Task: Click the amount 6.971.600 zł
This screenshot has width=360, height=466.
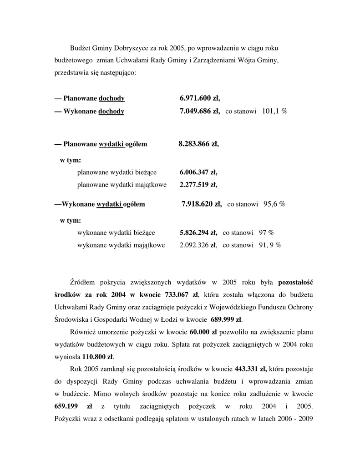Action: [199, 98]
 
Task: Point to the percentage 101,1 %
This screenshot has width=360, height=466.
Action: [274, 111]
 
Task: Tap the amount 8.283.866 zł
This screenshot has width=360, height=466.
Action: [198, 144]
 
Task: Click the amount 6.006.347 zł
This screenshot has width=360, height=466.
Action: [198, 172]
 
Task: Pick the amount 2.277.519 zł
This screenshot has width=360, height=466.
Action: [198, 185]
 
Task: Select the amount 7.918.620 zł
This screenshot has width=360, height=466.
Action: [201, 204]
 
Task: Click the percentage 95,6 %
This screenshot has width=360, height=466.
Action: [274, 204]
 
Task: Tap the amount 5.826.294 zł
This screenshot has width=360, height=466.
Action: [198, 233]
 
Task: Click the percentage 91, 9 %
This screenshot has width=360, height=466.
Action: [269, 245]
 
